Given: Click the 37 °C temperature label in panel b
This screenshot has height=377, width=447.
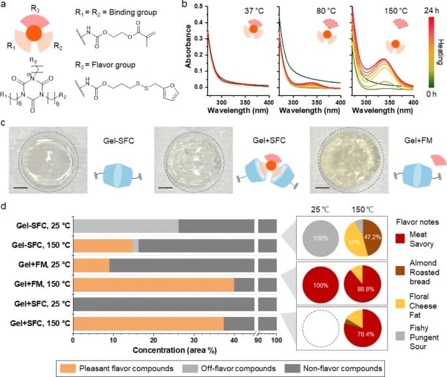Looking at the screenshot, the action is coord(254,11).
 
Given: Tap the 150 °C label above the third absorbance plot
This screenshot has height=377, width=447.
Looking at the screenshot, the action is coord(396,11).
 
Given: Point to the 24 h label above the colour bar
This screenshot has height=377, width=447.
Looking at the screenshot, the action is coord(431,10).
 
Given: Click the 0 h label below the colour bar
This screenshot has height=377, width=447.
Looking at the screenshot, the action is coord(431,94).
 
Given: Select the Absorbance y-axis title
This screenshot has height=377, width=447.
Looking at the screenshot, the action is coord(188,46).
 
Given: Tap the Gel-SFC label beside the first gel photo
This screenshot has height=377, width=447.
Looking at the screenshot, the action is coord(119,140).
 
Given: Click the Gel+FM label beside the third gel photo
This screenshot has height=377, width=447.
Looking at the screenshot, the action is coord(418,140).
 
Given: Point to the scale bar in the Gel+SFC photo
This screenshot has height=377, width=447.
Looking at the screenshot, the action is coord(165,188).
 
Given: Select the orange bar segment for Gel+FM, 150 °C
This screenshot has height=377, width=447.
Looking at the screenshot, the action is coord(153,284).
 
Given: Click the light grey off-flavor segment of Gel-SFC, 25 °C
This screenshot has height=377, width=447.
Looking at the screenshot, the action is coord(126,226).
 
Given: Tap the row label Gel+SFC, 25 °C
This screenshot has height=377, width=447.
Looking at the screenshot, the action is coord(42,304).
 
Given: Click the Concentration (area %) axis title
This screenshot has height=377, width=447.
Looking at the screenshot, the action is coord(175,350).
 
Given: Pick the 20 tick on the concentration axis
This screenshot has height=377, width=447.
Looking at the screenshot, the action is coord(153,340).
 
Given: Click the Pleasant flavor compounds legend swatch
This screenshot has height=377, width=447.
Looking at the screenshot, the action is coord(68,369).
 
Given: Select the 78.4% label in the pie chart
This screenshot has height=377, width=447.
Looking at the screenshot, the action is coord(365,334).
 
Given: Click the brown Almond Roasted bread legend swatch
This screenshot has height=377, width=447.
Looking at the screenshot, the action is coord(400,271).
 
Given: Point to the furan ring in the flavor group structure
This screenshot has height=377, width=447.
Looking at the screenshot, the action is coord(171,91).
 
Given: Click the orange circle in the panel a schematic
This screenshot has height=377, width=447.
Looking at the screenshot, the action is coord(34,33).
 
